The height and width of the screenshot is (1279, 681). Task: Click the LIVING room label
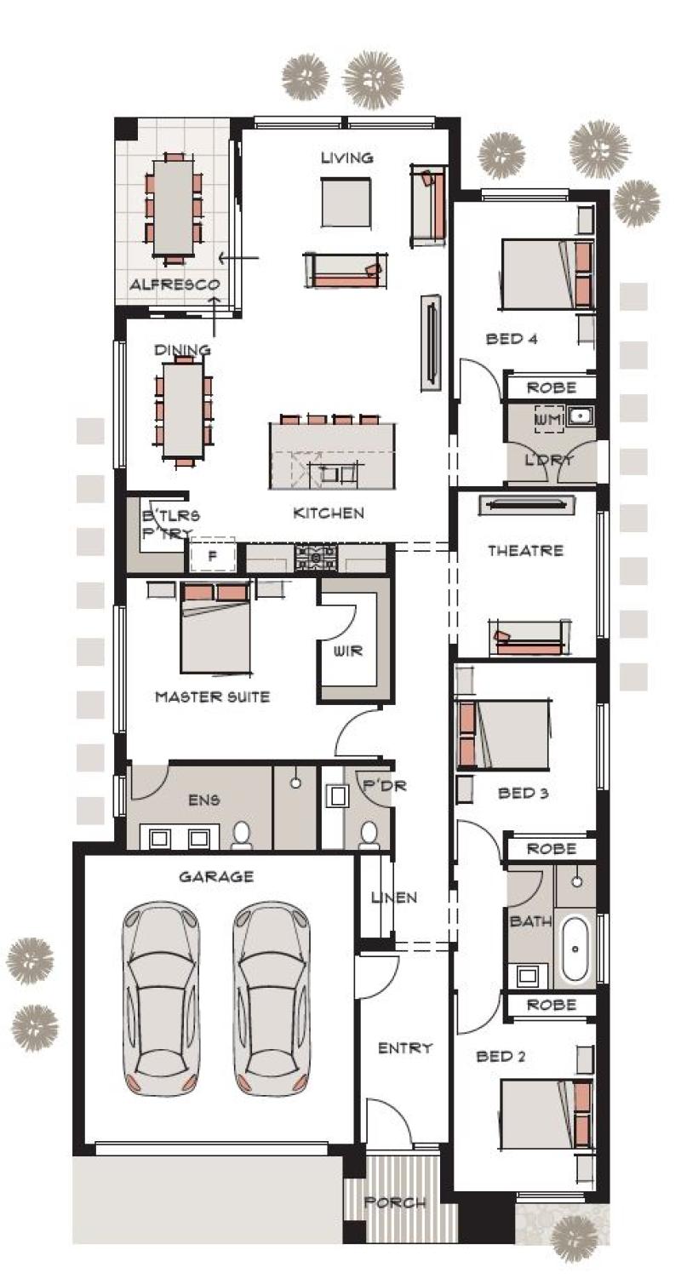[x=346, y=158]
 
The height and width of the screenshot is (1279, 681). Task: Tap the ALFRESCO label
[x=175, y=284]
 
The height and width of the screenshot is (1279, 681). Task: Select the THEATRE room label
[x=525, y=550]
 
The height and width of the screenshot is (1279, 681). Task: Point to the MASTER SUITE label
[x=212, y=697]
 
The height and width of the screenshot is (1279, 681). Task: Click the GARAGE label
[x=216, y=876]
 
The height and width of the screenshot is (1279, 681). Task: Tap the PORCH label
[x=395, y=1202]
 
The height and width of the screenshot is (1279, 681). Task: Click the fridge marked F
[x=213, y=555]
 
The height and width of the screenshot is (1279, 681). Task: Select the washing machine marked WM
[x=549, y=420]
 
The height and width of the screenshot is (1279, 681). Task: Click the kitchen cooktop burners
[x=316, y=558]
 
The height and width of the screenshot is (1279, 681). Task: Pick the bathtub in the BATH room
[x=575, y=949]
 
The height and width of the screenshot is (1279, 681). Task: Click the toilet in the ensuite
[x=242, y=835]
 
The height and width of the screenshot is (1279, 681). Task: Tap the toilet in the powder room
[x=369, y=835]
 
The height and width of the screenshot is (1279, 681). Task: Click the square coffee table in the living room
[x=346, y=202]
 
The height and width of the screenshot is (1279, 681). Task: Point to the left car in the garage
[x=161, y=999]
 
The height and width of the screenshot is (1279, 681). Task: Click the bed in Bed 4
[x=547, y=275]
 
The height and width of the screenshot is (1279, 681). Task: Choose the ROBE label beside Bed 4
[x=552, y=387]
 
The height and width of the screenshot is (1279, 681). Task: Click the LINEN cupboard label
[x=394, y=898]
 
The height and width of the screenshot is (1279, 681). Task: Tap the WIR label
[x=347, y=651]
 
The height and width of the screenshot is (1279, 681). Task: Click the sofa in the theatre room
[x=529, y=637]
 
